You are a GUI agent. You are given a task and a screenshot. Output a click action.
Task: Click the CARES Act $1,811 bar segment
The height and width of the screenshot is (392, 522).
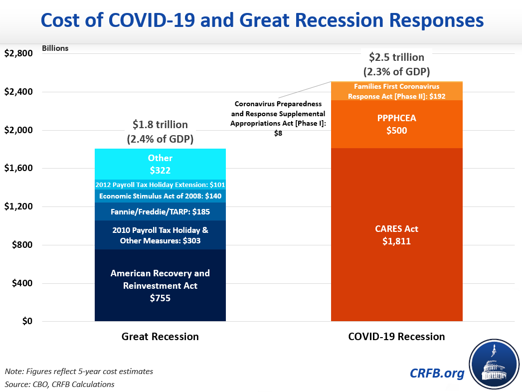(397, 234)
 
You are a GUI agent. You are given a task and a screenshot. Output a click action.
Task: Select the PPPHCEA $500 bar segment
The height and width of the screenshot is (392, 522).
(397, 124)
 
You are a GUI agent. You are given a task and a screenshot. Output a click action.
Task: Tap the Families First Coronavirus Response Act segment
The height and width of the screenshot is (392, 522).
(397, 91)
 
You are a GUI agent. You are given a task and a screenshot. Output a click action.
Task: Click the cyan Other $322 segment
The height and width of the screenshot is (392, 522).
(160, 164)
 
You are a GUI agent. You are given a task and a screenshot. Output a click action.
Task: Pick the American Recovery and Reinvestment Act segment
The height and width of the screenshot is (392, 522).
(160, 285)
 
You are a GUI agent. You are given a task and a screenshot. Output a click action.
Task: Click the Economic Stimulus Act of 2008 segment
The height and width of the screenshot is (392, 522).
(160, 196)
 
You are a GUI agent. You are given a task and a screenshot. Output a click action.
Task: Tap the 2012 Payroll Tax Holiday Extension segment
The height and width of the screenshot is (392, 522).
(160, 184)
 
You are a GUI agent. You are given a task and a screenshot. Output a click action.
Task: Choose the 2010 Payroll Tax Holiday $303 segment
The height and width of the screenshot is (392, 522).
(160, 235)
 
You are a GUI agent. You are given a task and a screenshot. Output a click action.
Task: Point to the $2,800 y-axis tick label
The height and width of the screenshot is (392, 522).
(18, 54)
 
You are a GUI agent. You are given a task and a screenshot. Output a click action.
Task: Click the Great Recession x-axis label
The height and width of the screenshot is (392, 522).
(160, 337)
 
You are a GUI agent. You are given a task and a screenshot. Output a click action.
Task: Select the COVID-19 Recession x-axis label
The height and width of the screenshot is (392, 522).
(396, 337)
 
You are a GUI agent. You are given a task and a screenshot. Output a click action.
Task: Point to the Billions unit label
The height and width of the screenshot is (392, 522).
(55, 48)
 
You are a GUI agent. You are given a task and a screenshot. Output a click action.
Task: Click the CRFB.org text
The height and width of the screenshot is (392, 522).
(437, 373)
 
